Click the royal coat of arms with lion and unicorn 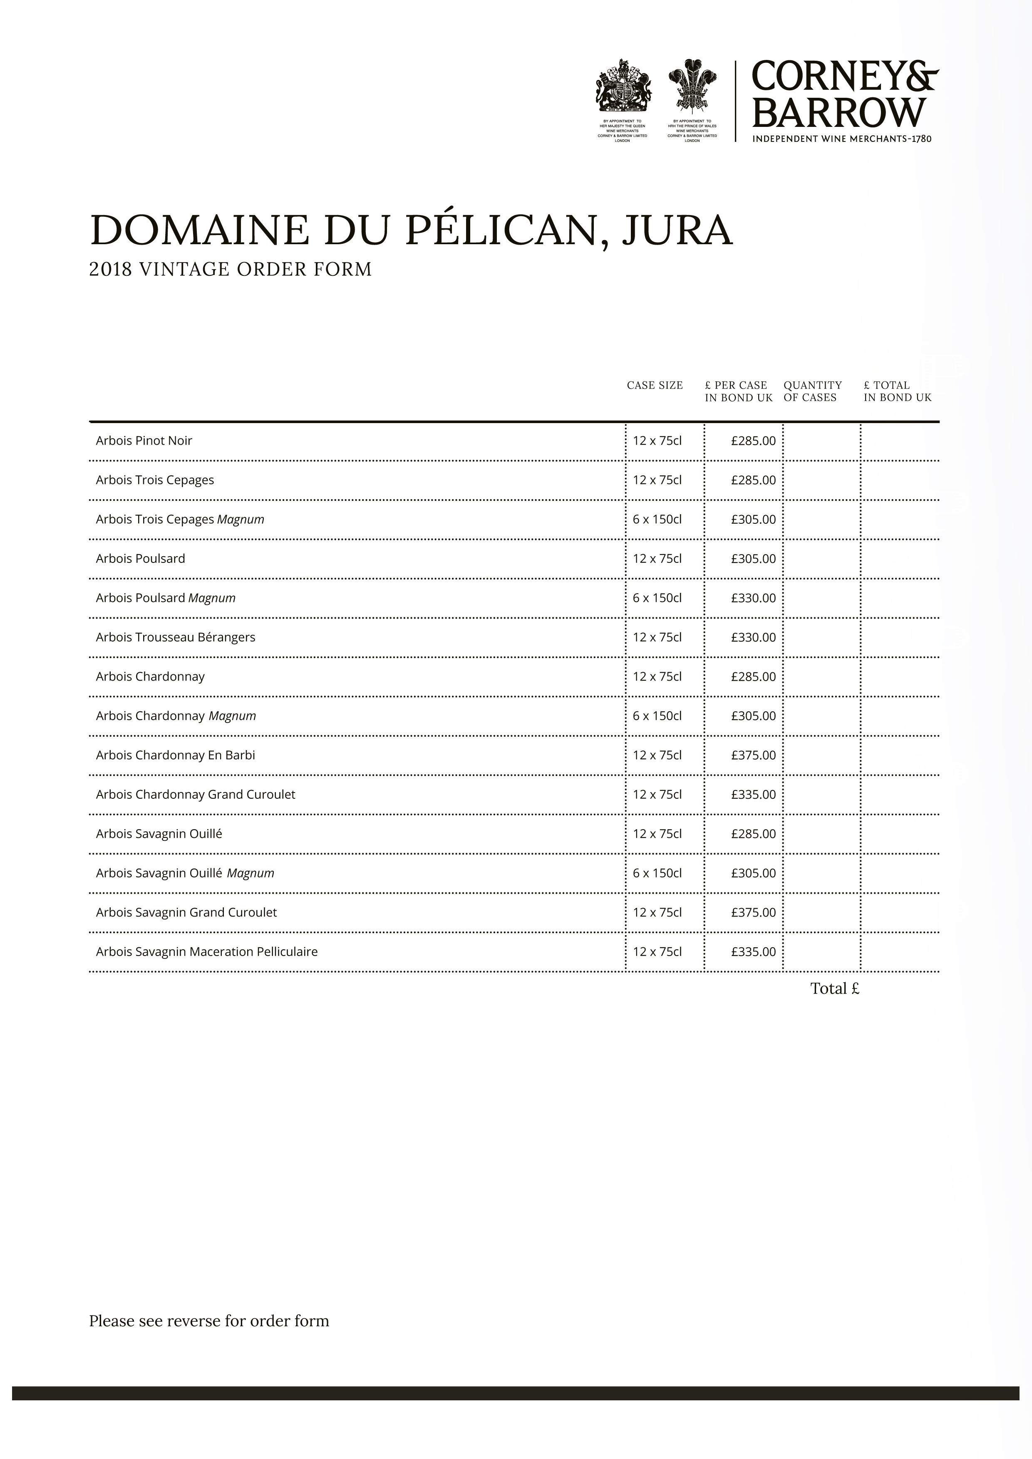623,85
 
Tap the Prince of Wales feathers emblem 692,85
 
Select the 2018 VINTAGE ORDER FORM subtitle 230,270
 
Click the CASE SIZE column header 655,385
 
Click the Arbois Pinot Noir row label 144,441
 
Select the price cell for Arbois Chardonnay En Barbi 753,756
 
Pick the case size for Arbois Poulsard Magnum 657,598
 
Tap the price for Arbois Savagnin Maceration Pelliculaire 753,952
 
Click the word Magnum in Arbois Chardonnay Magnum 232,716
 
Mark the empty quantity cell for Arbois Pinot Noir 821,441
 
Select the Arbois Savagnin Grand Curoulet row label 186,912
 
